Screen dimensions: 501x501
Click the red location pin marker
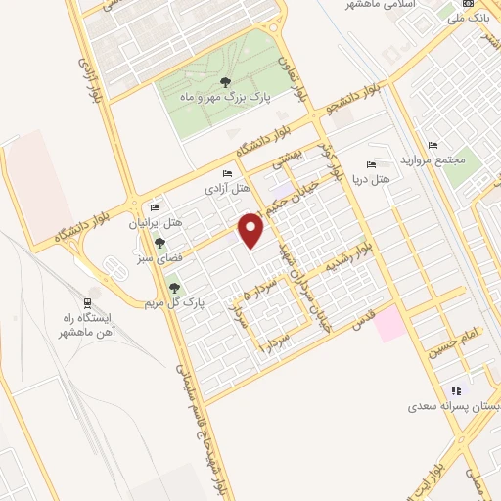click(252, 229)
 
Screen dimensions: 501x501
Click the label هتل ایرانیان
click(151, 223)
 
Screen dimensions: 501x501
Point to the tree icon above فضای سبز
click(159, 243)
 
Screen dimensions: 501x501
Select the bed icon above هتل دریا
click(370, 164)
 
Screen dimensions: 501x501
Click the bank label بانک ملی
click(466, 18)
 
